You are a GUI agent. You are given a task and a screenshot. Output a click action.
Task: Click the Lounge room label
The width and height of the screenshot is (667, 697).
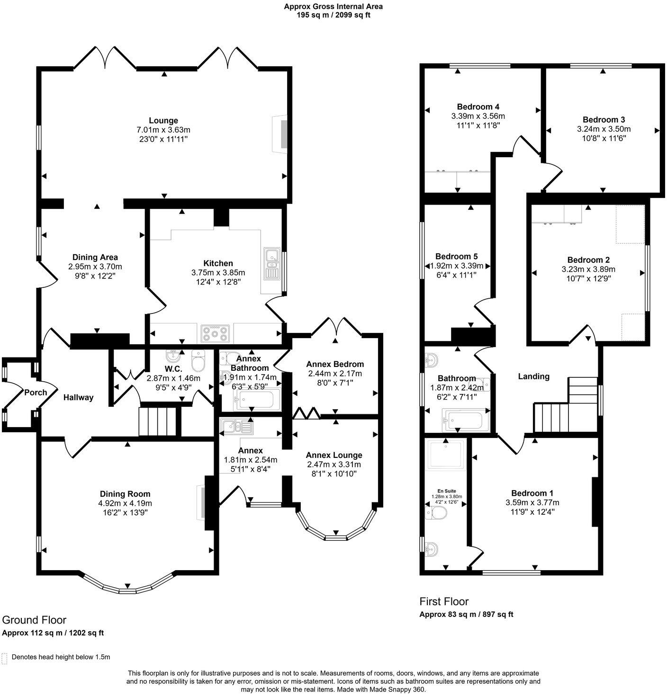tap(163, 121)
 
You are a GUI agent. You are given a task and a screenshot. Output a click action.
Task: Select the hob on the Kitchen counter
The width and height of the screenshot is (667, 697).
tap(216, 333)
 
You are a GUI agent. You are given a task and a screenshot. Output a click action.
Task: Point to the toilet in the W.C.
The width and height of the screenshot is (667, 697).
tap(198, 362)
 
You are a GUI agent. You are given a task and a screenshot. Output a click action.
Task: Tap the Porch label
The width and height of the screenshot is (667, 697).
tap(36, 392)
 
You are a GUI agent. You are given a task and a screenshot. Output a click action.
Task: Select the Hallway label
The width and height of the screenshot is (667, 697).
tap(78, 398)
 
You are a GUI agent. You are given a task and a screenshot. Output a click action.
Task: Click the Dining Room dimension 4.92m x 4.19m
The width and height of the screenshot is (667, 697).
tap(125, 503)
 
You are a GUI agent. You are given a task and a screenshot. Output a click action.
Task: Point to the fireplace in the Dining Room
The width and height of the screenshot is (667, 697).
tap(202, 502)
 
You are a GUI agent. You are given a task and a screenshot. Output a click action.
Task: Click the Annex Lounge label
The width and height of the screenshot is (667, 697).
tap(334, 455)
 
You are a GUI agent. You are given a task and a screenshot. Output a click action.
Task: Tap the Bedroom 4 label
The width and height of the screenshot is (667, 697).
tap(478, 107)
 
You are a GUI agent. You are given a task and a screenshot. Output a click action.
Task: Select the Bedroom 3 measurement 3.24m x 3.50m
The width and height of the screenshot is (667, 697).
tap(604, 129)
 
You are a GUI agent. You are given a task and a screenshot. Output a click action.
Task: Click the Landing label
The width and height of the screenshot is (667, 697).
tap(533, 376)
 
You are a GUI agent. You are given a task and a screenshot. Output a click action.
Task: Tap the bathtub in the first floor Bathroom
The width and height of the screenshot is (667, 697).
tap(463, 420)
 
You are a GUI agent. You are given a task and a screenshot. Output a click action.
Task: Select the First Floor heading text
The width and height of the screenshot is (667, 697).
tap(444, 601)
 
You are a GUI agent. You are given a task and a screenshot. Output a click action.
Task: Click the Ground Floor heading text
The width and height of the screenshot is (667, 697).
tap(34, 620)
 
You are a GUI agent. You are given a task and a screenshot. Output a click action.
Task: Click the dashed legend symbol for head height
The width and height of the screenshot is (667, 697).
tap(5, 658)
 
